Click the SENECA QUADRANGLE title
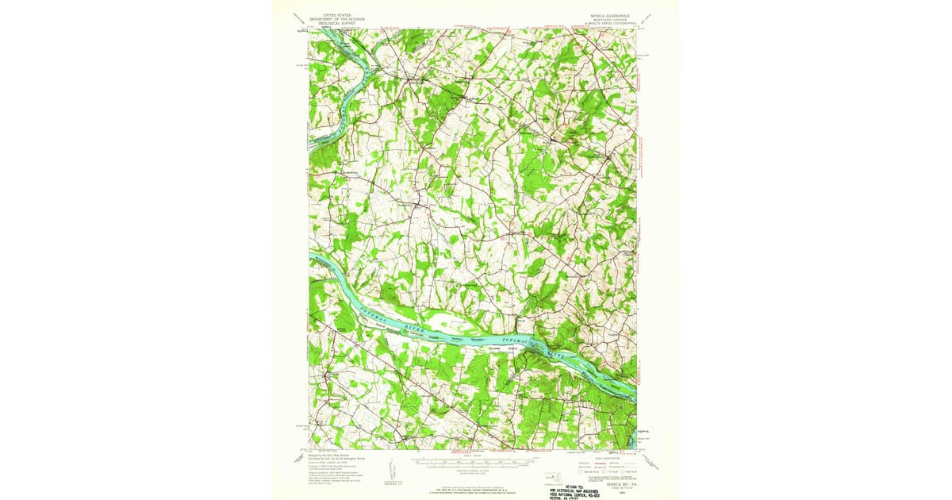pos(608,14)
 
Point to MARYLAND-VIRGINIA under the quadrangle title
pos(608,19)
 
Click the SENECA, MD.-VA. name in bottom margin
pos(615,474)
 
